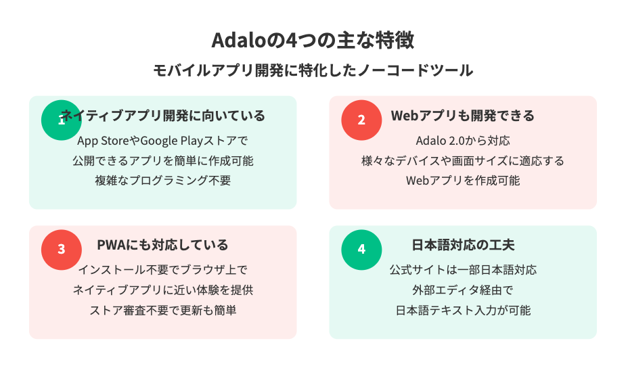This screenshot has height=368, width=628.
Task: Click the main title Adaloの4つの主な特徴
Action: pos(313,40)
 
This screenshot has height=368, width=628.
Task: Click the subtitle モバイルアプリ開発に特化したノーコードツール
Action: pos(313,70)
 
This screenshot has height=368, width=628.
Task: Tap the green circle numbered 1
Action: pos(62,120)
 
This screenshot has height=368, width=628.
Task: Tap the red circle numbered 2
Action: pos(361,120)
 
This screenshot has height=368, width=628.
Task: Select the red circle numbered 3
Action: pos(62,250)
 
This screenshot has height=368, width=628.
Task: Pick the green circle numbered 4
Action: pos(361,250)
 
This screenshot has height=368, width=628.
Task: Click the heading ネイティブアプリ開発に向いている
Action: pos(163,116)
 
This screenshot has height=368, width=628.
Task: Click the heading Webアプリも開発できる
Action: pos(463,116)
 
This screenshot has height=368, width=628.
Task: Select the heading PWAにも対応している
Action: pos(162,245)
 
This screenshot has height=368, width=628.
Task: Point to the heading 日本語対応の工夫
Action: pos(463,245)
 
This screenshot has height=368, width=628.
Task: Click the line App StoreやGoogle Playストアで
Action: pos(162,141)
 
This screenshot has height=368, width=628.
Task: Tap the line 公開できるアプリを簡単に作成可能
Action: pos(162,161)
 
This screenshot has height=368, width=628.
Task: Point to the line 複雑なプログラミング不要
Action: pos(162,181)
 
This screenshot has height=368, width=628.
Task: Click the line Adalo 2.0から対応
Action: pos(463,141)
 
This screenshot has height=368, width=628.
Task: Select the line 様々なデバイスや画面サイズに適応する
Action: pos(463,161)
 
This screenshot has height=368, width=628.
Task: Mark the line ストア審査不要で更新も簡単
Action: pos(162,310)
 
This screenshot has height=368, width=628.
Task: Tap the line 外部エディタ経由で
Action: pos(463,290)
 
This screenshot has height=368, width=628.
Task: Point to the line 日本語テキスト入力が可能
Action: pos(463,310)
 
